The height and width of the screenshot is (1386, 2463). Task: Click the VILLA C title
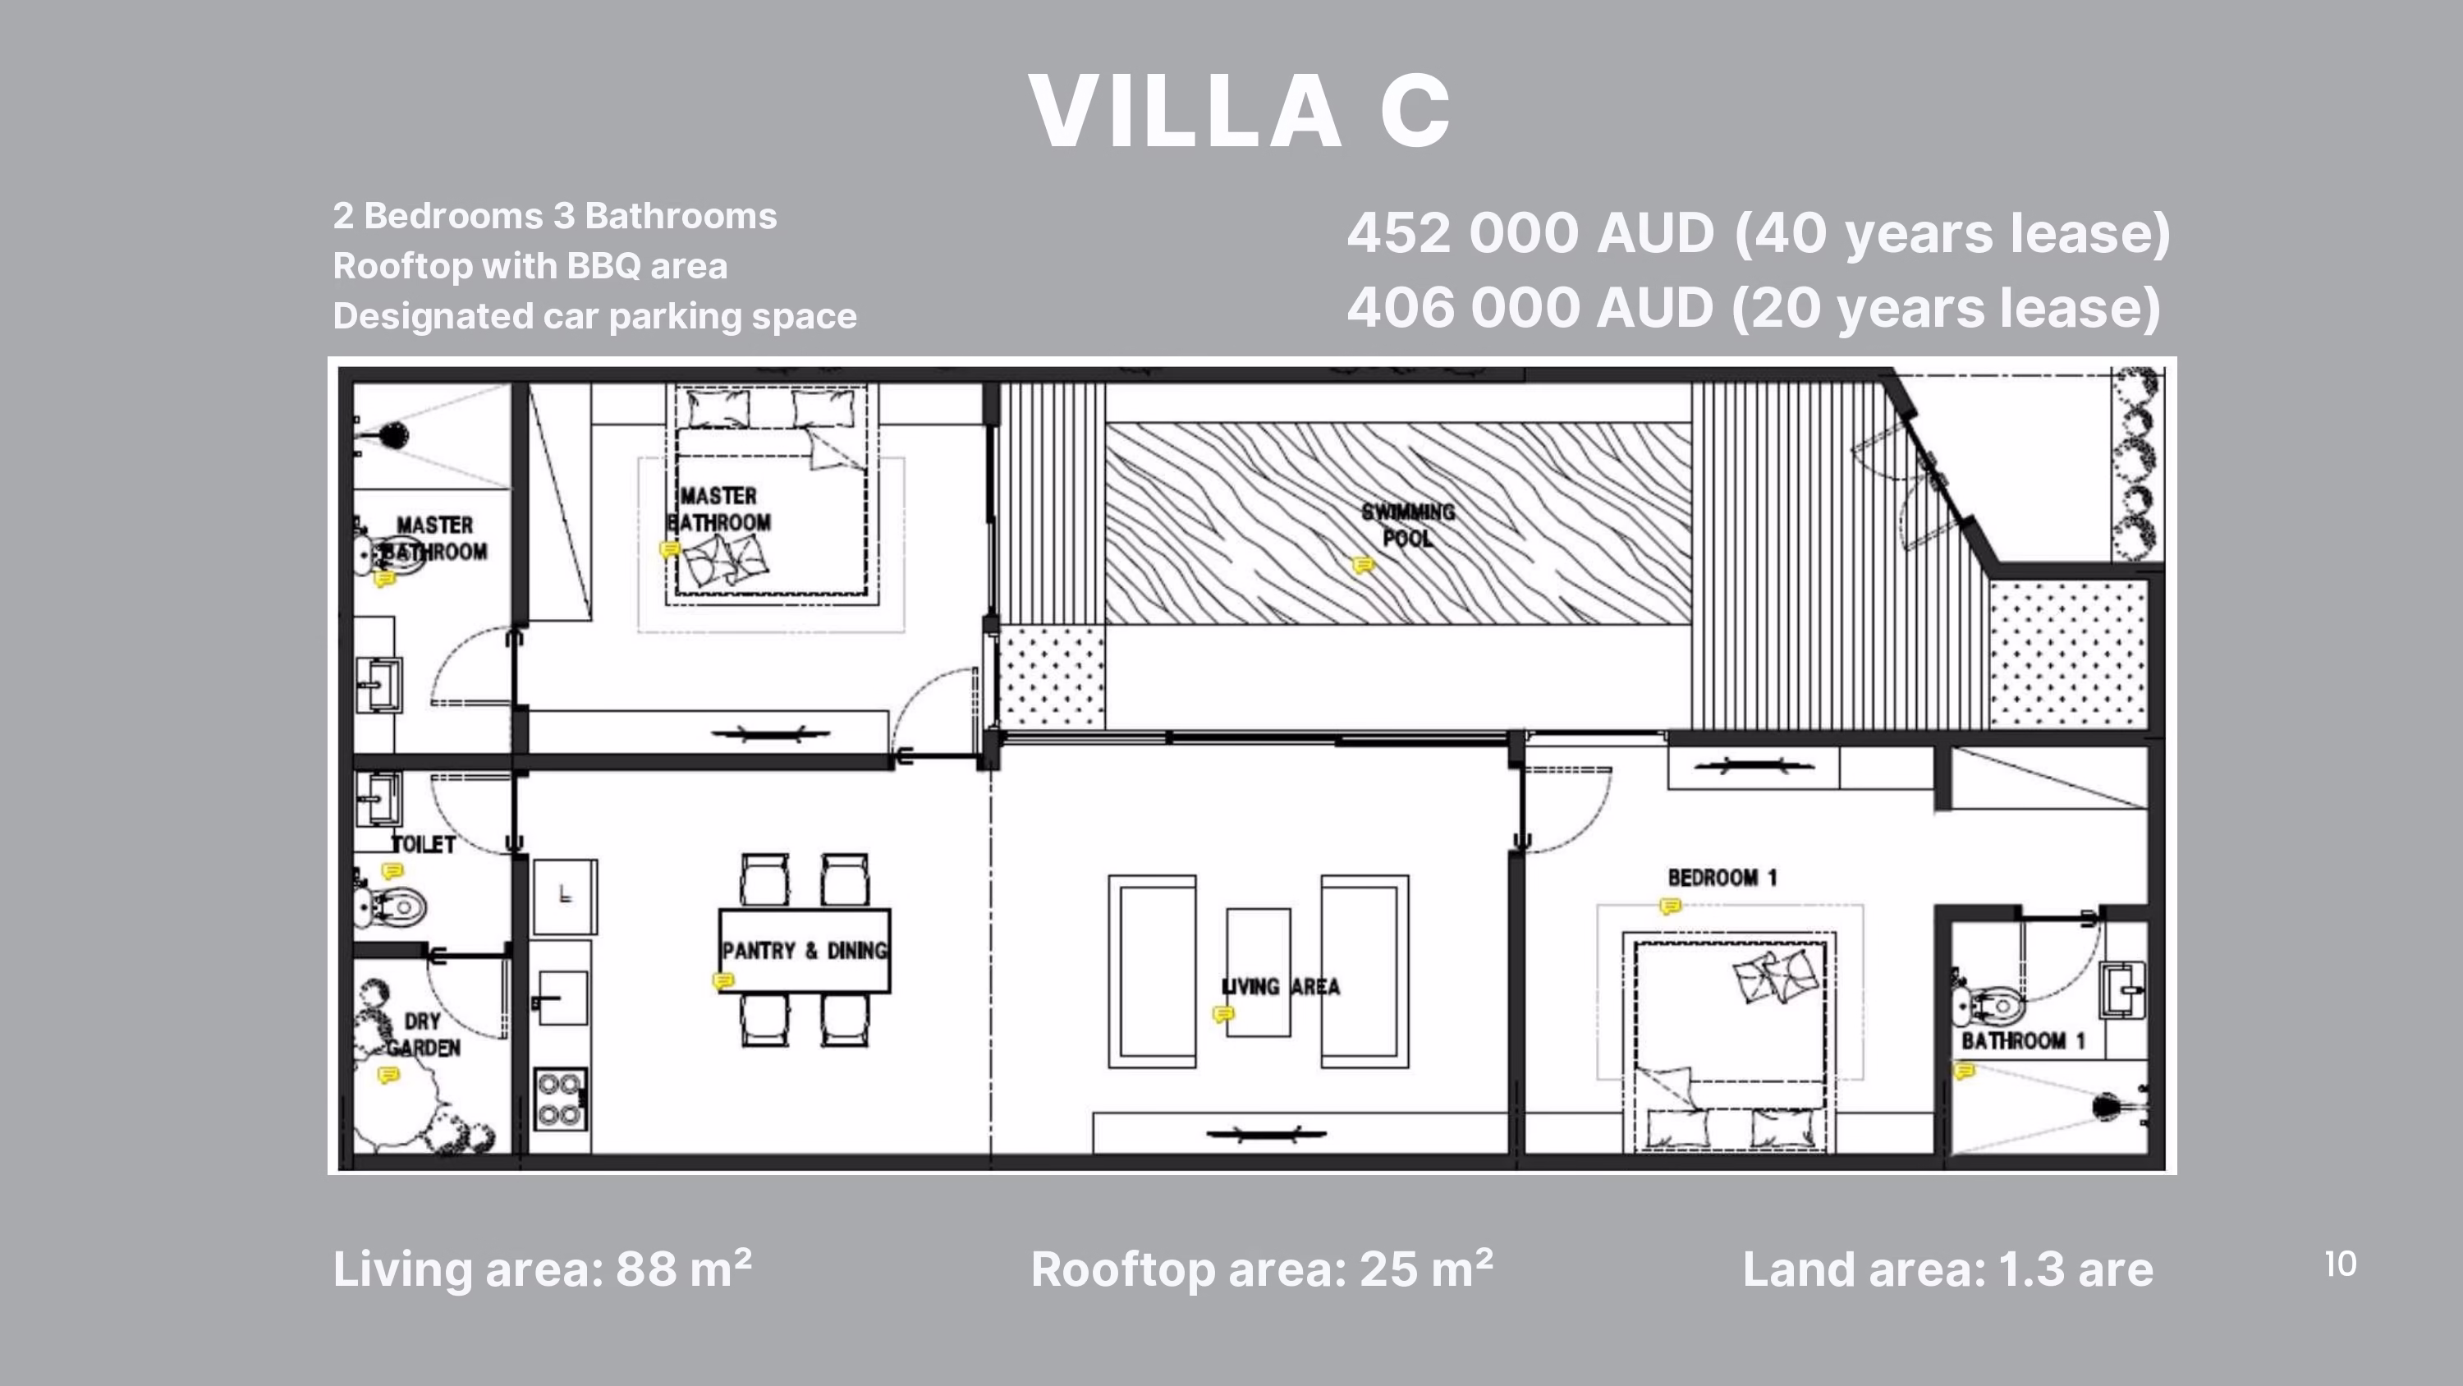point(1240,112)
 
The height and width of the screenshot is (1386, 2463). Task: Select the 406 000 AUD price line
point(1754,307)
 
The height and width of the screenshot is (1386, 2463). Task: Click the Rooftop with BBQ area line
point(530,266)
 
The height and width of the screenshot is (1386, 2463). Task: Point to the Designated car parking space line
point(594,315)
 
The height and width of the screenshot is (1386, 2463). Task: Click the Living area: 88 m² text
point(542,1269)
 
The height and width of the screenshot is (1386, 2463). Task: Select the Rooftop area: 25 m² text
point(1262,1269)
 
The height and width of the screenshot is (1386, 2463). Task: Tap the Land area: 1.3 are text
point(1947,1269)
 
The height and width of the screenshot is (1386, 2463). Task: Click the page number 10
point(2341,1264)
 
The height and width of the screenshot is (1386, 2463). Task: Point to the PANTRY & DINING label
point(804,951)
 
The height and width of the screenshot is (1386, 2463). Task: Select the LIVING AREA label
point(1282,986)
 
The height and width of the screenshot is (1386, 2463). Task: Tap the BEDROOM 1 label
point(1722,877)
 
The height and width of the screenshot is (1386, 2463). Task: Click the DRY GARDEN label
point(423,1035)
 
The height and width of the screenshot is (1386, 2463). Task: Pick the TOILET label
point(424,843)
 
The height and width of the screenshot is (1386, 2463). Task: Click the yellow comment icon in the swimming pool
point(1363,565)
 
